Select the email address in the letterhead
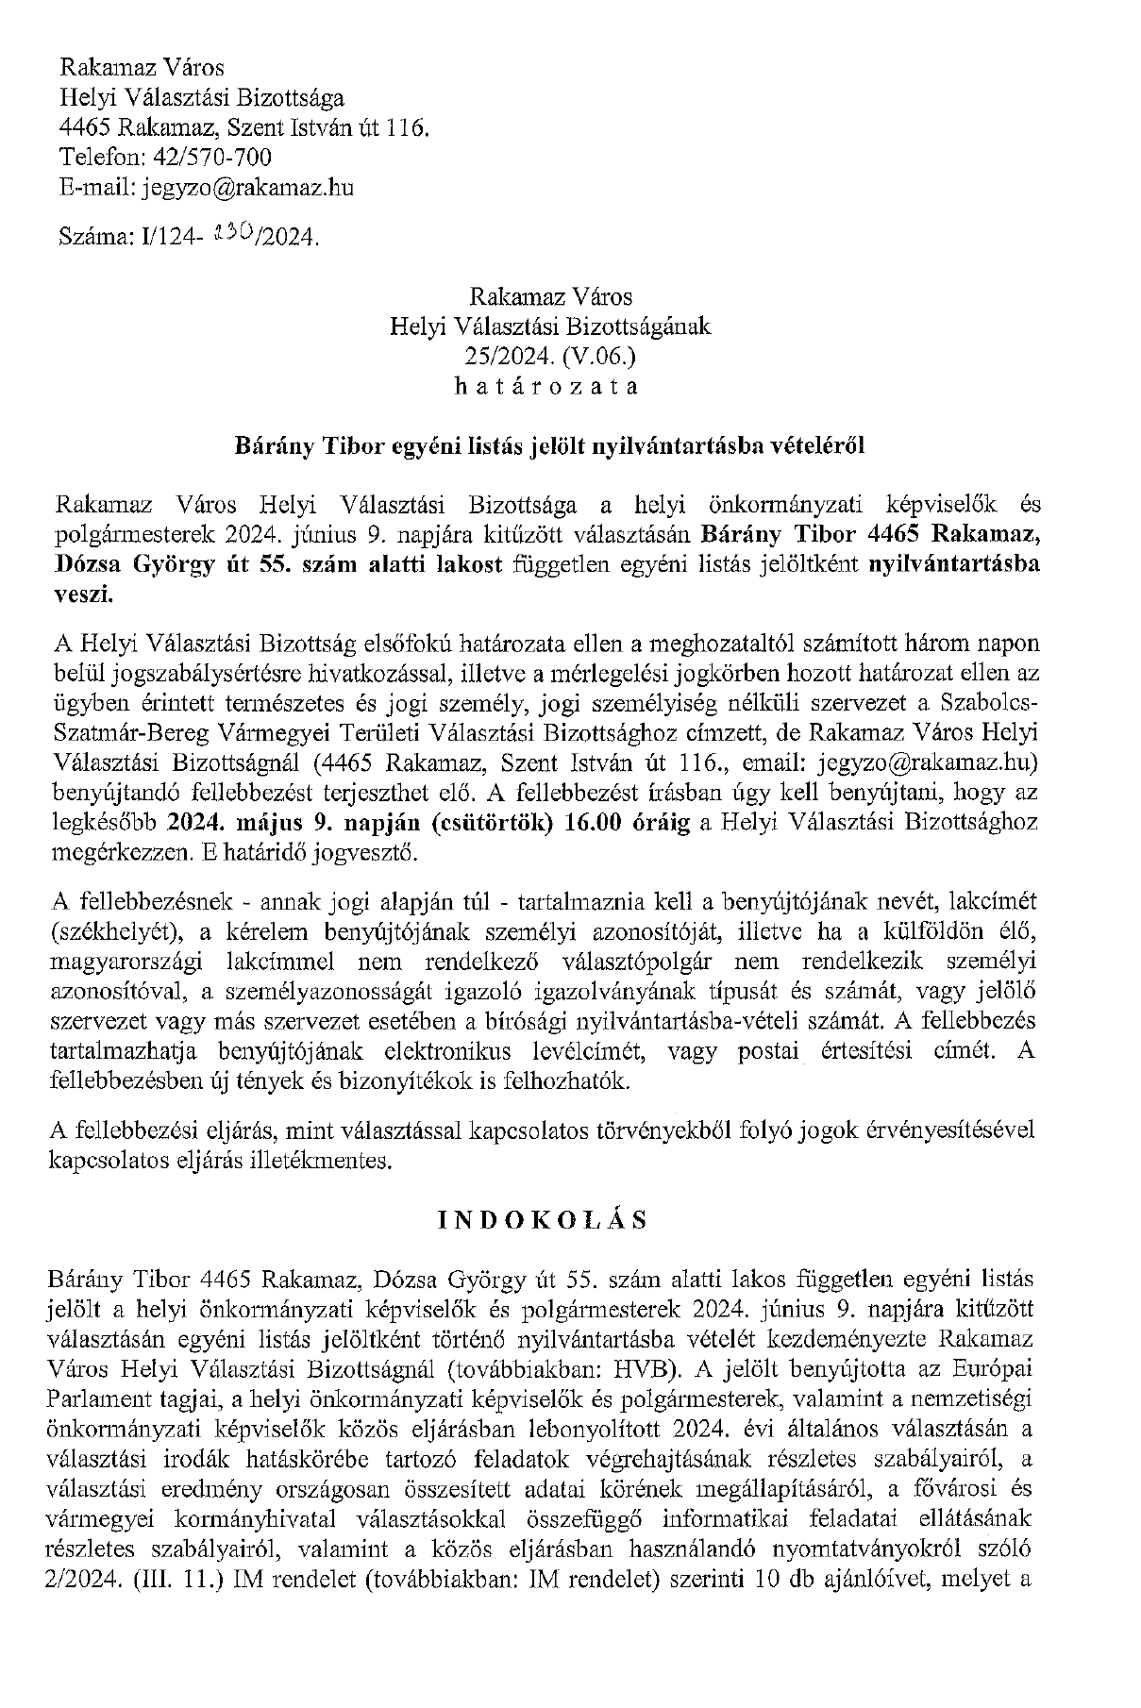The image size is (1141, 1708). click(x=248, y=187)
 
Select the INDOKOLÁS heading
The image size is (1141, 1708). click(x=545, y=1219)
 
